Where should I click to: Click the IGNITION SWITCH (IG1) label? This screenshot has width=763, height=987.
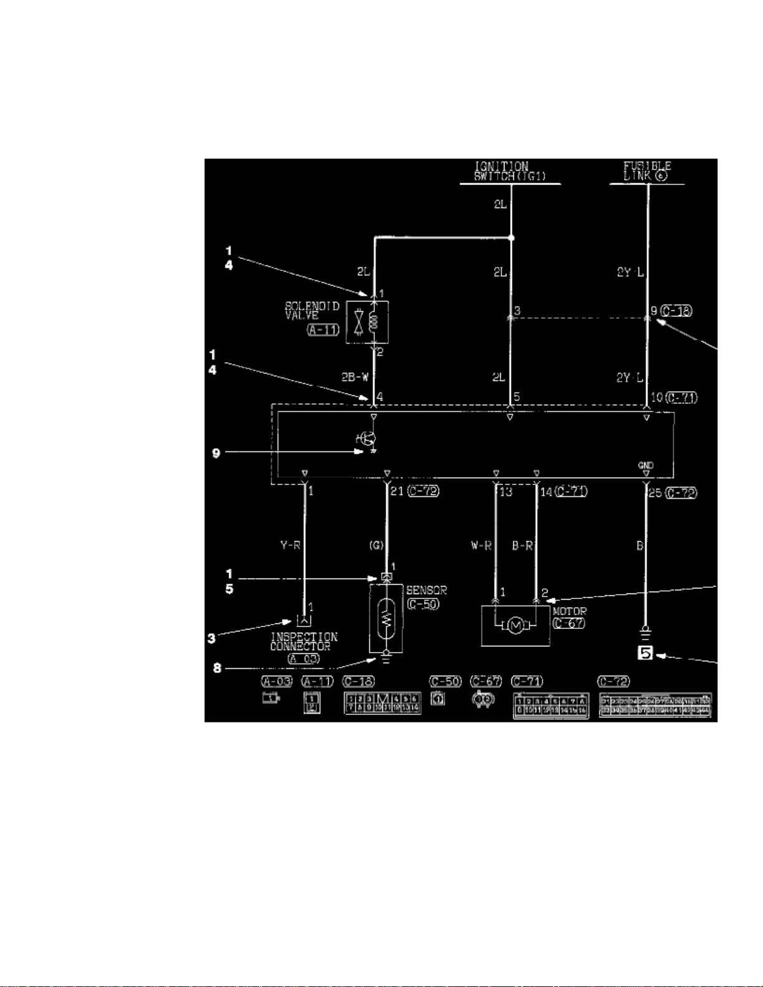(509, 171)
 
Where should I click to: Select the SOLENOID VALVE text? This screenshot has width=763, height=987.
(311, 310)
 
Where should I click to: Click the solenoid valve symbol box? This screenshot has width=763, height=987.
(367, 322)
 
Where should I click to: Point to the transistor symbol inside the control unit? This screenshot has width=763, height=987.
(368, 438)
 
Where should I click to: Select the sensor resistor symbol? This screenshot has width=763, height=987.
(386, 619)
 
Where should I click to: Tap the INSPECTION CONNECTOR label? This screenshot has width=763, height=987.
(303, 641)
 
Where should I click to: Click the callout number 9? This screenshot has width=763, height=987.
(216, 453)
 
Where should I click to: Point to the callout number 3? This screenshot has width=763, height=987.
(212, 638)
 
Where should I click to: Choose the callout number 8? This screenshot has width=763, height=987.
(217, 668)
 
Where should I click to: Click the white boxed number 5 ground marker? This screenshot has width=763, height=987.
(645, 653)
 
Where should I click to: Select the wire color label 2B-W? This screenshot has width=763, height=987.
(354, 377)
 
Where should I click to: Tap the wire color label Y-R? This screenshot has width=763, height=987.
(290, 545)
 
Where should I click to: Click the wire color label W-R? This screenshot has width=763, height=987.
(481, 546)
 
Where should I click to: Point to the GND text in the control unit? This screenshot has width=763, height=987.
(645, 465)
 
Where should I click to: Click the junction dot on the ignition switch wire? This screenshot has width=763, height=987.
(511, 238)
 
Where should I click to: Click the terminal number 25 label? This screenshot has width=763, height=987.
(655, 493)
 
